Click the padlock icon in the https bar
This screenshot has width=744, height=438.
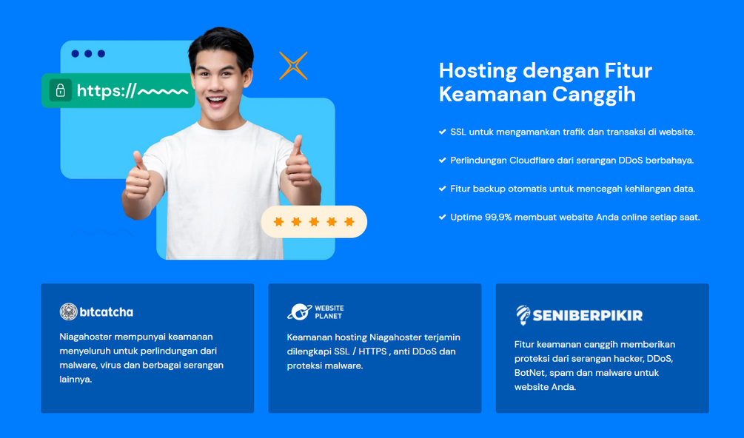pos(60,90)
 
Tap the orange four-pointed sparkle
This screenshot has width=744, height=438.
pos(293,65)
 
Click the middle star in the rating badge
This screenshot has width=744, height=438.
pos(314,221)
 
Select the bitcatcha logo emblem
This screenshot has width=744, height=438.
pos(68,311)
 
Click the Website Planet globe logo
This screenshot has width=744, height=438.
pos(299,312)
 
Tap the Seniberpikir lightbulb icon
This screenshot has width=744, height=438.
pos(523,314)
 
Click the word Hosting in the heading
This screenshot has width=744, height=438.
pos(477,71)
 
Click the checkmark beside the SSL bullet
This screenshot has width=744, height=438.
pos(442,132)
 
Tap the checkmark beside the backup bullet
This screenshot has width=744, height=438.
pos(442,189)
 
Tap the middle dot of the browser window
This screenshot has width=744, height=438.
pos(88,53)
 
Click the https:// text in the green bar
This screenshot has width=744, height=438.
pos(107,90)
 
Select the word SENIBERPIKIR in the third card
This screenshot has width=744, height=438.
pos(587,316)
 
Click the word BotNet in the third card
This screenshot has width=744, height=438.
pos(529,373)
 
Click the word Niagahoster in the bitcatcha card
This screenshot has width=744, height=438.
pos(85,337)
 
